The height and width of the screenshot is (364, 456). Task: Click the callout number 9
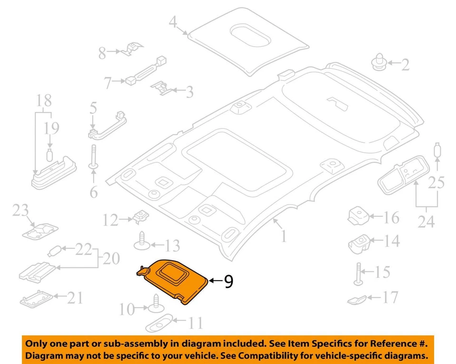point(228,282)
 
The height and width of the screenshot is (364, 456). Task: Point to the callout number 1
point(284,236)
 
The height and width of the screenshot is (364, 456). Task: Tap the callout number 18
point(45,101)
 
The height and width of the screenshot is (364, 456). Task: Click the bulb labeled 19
point(49,154)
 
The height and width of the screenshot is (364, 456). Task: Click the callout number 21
point(75,298)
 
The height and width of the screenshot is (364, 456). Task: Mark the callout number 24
point(426,221)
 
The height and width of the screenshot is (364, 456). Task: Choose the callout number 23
point(20,210)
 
